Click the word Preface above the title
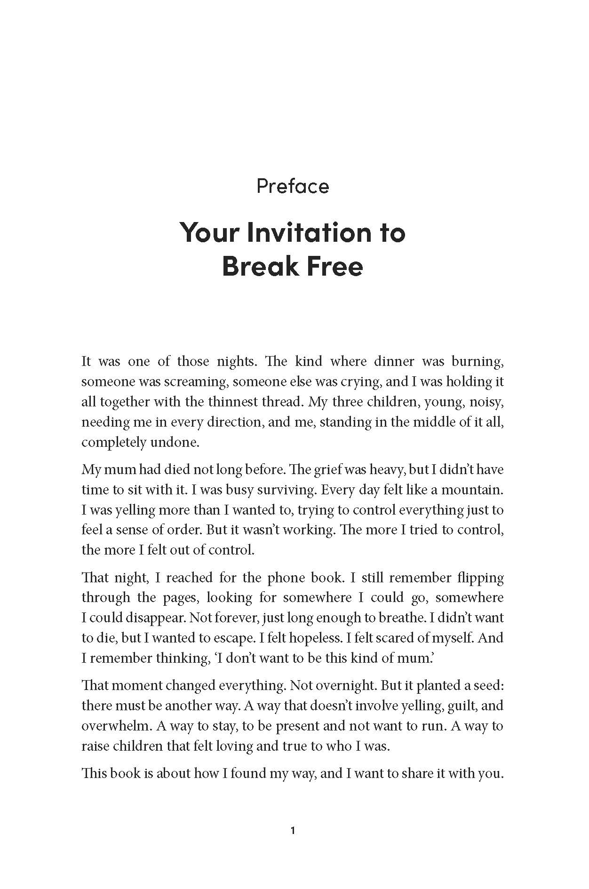click(x=293, y=186)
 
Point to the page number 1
click(x=293, y=831)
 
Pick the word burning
click(x=477, y=362)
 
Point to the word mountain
click(x=474, y=490)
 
